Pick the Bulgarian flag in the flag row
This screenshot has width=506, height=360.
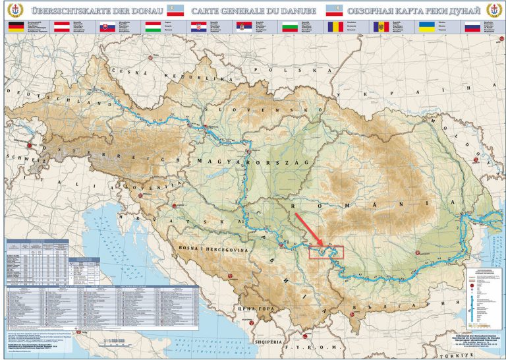point(291,26)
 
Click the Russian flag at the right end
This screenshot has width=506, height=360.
point(473,26)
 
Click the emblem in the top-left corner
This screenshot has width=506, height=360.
point(13,11)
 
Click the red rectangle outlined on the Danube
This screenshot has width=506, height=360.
point(327,251)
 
